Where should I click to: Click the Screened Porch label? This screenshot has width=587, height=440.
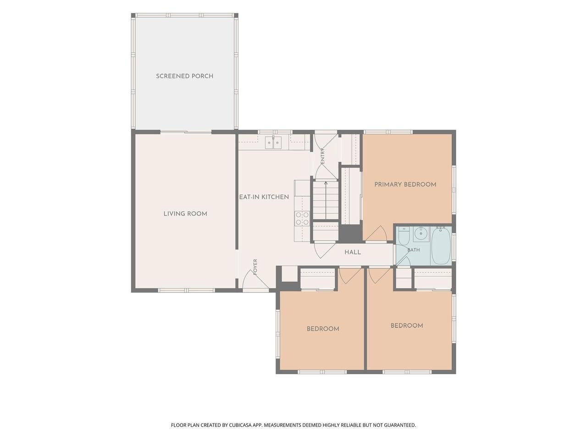(184, 76)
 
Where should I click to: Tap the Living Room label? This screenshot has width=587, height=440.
(185, 214)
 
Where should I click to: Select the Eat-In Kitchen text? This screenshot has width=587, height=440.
(264, 197)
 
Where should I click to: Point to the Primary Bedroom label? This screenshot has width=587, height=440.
(405, 184)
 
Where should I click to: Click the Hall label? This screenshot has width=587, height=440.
(353, 252)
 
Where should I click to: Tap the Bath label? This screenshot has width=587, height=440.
(414, 250)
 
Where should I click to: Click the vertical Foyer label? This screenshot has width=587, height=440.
(255, 267)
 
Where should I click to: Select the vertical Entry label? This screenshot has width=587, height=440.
(322, 156)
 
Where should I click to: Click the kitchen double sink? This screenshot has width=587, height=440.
(274, 143)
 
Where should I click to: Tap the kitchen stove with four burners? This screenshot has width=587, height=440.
(302, 218)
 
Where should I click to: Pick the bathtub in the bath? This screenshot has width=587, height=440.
(441, 246)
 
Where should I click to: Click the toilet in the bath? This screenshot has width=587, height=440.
(403, 236)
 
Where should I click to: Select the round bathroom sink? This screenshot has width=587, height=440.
(421, 234)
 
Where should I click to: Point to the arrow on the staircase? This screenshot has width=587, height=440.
(326, 200)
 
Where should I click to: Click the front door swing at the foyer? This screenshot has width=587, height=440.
(255, 280)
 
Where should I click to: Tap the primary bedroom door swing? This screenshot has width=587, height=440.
(377, 233)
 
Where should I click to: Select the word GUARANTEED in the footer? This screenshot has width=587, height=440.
(400, 425)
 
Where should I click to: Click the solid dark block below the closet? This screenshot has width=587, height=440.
(350, 233)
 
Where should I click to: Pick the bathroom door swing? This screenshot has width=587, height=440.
(403, 261)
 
